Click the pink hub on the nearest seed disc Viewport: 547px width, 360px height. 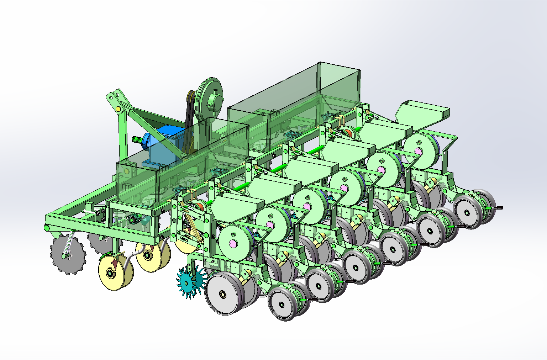(233, 243)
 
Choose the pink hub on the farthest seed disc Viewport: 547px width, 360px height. (418, 152)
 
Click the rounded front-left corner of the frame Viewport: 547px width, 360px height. (47, 228)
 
